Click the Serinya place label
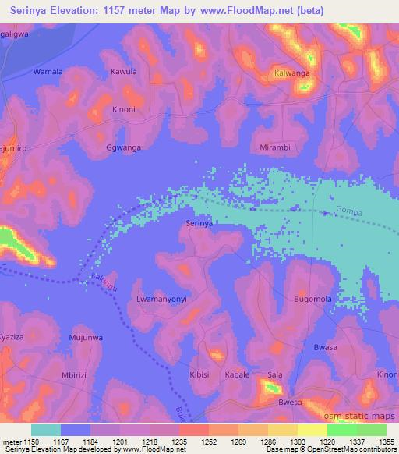click(199, 223)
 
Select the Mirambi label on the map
click(274, 147)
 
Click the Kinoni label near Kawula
click(124, 109)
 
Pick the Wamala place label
click(47, 72)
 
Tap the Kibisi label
click(199, 374)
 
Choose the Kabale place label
click(237, 374)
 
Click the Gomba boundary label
click(348, 211)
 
